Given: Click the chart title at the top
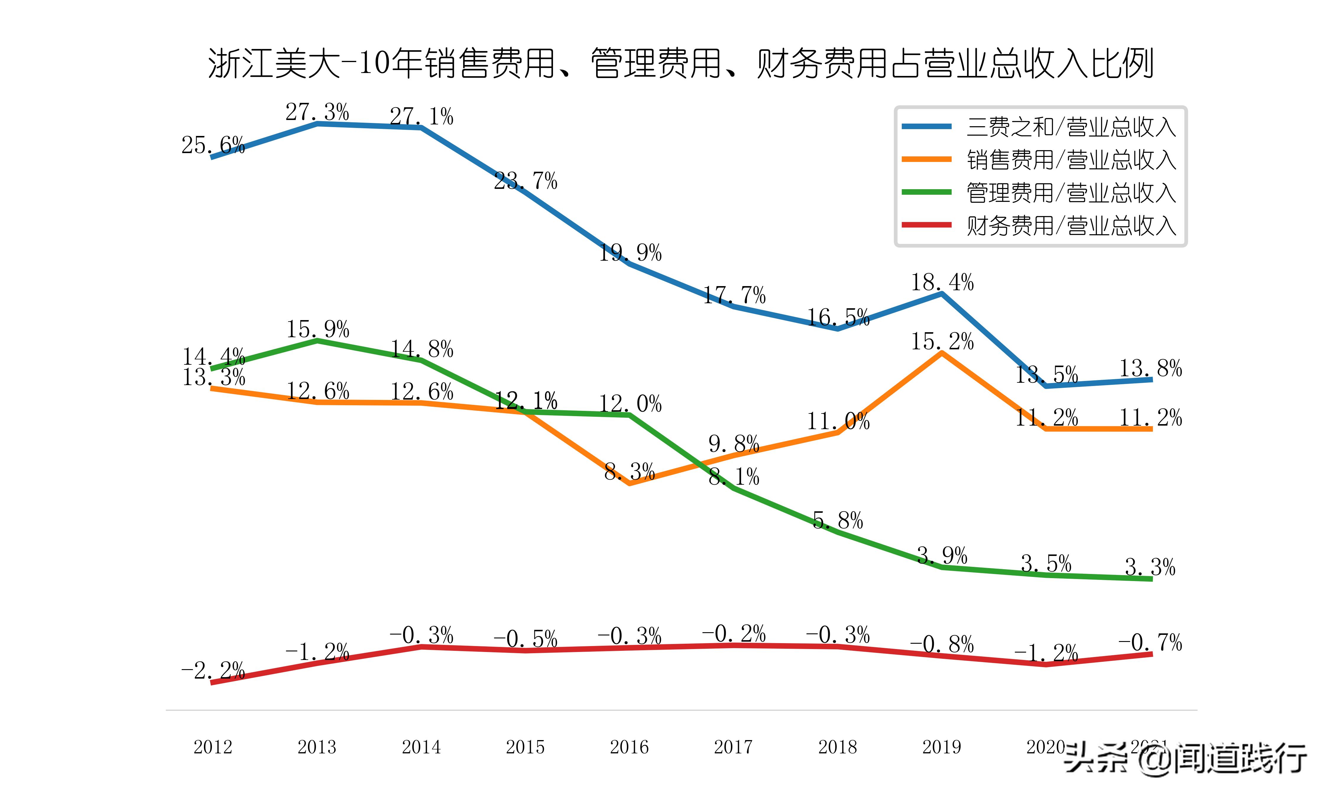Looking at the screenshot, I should tap(681, 64).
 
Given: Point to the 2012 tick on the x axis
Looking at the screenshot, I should tap(213, 747).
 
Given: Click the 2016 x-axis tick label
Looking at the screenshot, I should tap(629, 747).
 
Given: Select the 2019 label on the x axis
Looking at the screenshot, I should tap(941, 747).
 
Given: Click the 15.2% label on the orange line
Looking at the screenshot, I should tap(942, 341).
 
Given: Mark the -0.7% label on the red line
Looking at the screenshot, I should tap(1150, 642).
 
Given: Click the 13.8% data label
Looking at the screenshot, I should tap(1150, 368).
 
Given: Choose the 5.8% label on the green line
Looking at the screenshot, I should tap(838, 520).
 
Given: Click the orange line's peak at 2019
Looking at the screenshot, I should tap(941, 353).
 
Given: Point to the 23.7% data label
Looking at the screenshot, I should tap(526, 181).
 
